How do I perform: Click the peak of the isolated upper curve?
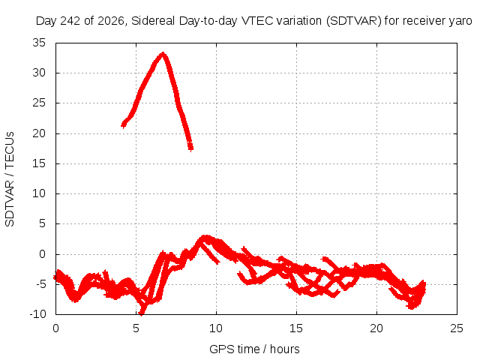click(x=163, y=54)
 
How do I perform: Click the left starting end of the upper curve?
click(x=123, y=124)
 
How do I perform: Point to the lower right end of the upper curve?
click(x=190, y=148)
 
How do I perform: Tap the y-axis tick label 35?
click(x=39, y=43)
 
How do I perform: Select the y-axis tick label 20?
click(x=39, y=133)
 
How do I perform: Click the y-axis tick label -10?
click(x=38, y=314)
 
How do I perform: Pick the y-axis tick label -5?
click(x=40, y=284)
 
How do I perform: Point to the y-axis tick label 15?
click(x=39, y=163)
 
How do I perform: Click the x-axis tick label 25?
click(x=457, y=328)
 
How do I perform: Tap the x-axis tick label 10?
click(x=216, y=328)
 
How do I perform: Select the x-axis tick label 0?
click(x=55, y=328)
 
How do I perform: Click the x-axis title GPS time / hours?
click(x=254, y=349)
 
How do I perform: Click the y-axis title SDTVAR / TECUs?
click(x=10, y=179)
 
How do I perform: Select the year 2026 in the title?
click(x=111, y=21)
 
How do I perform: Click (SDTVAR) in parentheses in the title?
click(x=354, y=21)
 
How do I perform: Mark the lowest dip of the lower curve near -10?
click(x=141, y=313)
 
